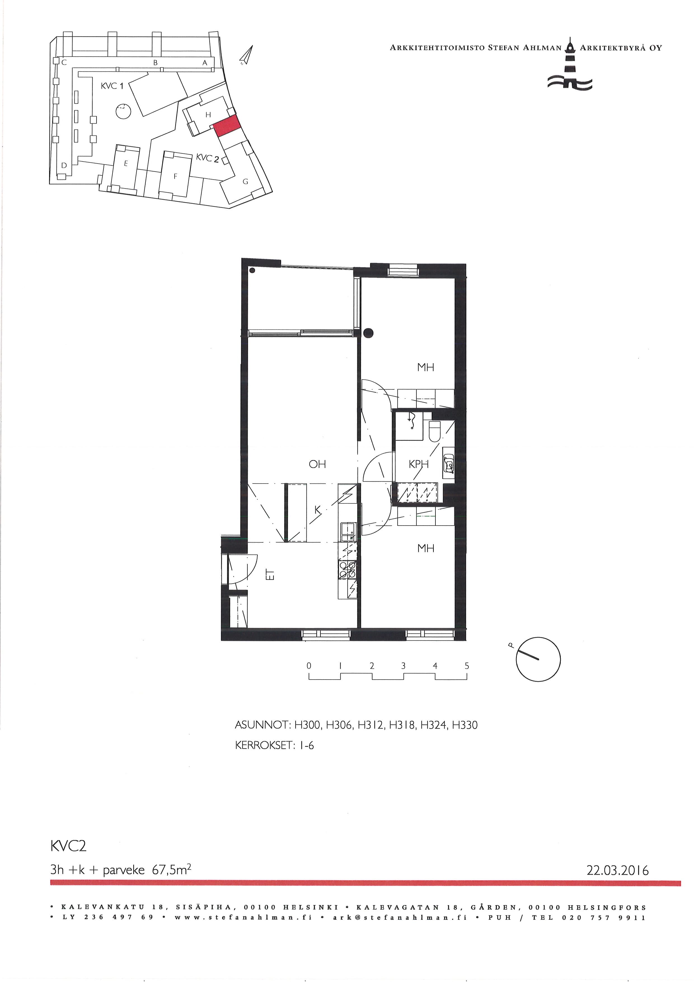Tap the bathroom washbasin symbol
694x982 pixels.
[x=449, y=463]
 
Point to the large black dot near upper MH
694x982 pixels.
[x=368, y=332]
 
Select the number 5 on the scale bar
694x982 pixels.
[x=467, y=666]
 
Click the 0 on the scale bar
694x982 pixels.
[x=309, y=666]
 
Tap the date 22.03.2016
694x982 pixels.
[x=618, y=870]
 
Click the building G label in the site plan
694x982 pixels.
[x=245, y=181]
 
